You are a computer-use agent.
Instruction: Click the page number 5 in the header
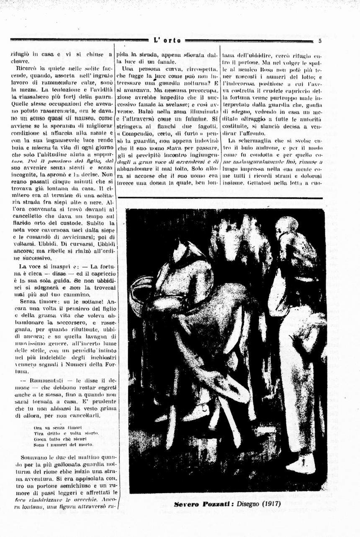pos(319,41)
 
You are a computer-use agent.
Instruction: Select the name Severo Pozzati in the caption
pos(198,504)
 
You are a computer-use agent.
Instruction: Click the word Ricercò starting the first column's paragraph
pos(25,67)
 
